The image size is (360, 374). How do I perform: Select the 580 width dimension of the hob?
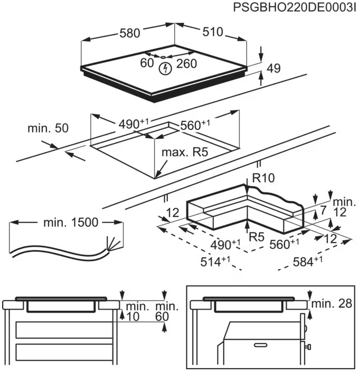coord(129,33)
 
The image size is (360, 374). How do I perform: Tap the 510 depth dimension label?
coord(213,32)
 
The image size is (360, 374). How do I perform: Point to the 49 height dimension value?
coord(273,68)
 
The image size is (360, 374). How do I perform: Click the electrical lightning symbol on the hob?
coord(167,68)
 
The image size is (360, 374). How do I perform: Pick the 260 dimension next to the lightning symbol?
coord(185,63)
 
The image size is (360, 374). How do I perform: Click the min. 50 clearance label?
coord(48,128)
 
